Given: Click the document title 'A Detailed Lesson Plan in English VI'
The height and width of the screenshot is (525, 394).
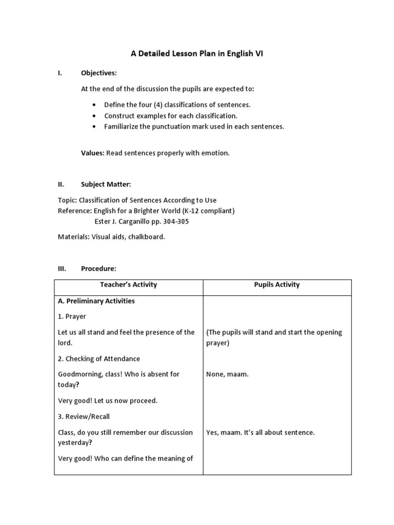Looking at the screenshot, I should pos(197,54).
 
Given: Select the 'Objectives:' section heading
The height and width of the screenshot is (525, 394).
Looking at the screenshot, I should pos(98,73).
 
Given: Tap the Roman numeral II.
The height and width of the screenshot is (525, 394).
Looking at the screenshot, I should pos(60,184).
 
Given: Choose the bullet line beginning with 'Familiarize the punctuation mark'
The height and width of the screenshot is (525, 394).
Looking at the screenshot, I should pos(193,127).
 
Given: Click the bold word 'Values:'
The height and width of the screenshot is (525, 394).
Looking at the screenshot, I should pos(92,153).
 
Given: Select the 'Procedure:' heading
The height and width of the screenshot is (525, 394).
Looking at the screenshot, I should pos(98,269).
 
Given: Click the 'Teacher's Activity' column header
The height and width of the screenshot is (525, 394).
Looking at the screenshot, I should pos(128,285).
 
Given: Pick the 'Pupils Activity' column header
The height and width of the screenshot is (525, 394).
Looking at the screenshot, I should pos(277,285).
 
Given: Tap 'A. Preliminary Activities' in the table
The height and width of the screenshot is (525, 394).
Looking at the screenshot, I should pos(96,301).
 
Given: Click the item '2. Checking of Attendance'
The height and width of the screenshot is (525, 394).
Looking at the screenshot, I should pos(99,359).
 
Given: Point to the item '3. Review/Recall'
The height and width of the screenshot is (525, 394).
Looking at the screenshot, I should pos(84,417).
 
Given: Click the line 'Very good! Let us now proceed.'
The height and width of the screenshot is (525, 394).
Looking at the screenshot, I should pos(108,400).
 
